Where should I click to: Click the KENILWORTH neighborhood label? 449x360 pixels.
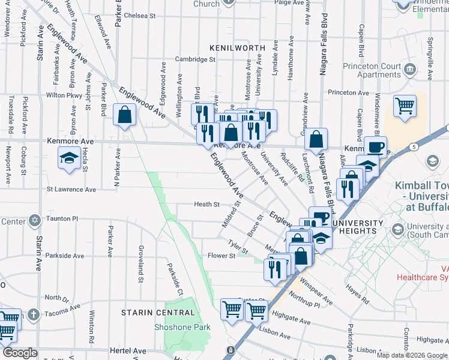click(x=234, y=47)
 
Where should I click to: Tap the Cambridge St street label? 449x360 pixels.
click(x=195, y=59)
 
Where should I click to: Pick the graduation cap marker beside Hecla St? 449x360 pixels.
click(x=70, y=158)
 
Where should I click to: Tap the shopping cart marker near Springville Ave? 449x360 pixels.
click(x=405, y=106)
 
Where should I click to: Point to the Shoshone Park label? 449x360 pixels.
click(x=182, y=327)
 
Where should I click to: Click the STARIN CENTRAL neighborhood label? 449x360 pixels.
click(x=158, y=313)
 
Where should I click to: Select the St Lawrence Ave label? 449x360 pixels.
click(x=71, y=190)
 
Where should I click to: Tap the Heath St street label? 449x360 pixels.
click(x=206, y=205)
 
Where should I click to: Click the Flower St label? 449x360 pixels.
click(x=220, y=256)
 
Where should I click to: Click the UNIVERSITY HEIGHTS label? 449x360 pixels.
click(x=357, y=227)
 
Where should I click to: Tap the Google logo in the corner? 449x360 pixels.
click(x=20, y=353)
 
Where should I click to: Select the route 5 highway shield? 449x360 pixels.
click(x=414, y=146)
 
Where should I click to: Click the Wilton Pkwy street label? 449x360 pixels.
click(x=64, y=95)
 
